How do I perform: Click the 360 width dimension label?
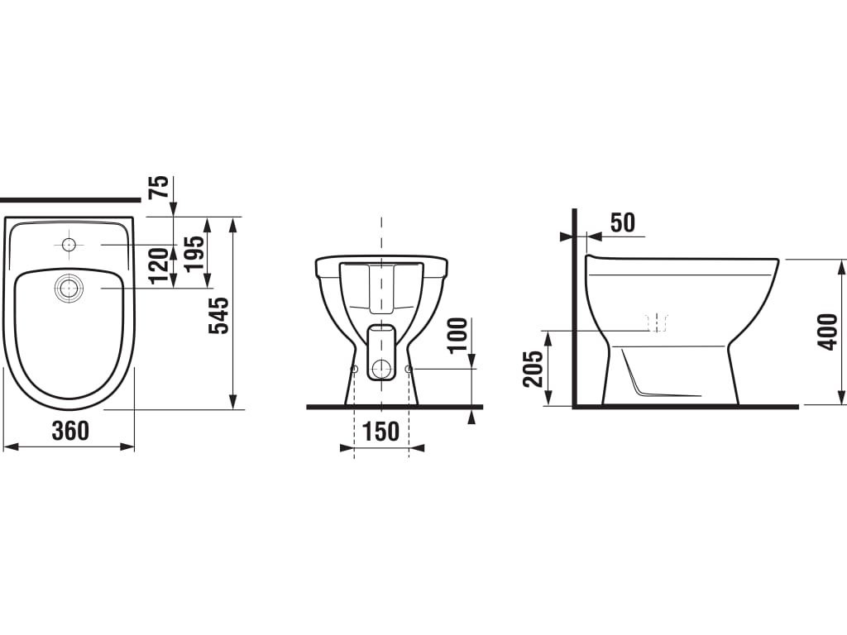point(70,431)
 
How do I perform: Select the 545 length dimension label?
point(219,315)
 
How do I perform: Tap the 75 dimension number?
point(160,187)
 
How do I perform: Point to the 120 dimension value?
point(160,265)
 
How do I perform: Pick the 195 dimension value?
point(195,253)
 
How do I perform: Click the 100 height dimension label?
point(458,335)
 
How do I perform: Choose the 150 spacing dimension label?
point(380,432)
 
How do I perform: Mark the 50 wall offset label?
point(623,222)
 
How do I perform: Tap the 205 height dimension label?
point(534,368)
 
